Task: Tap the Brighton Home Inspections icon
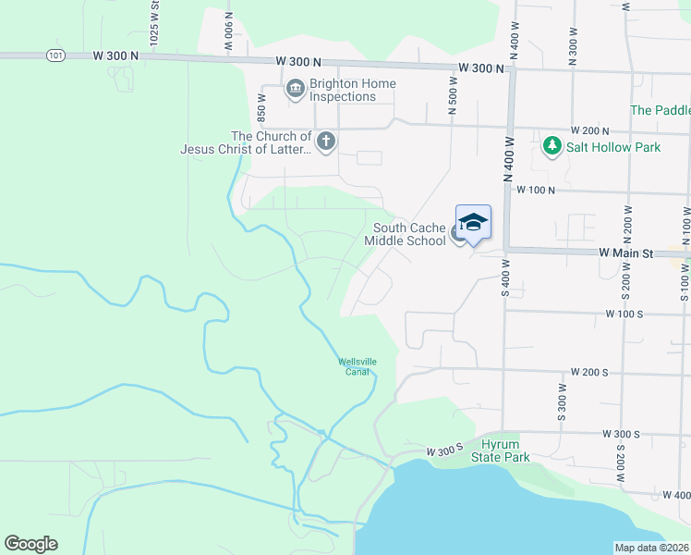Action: tap(296, 89)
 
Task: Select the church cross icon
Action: tap(325, 142)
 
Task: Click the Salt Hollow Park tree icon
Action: tap(552, 146)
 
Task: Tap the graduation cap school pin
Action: tap(473, 222)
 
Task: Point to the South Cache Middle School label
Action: tap(405, 234)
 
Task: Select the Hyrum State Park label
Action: tap(501, 450)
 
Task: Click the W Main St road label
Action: tap(626, 253)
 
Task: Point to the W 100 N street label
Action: tap(536, 190)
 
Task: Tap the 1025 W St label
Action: tap(154, 20)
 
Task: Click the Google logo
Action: tap(30, 544)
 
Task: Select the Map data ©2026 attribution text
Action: tap(652, 548)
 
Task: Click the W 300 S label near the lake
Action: tap(443, 451)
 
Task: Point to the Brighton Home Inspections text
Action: tap(353, 90)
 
